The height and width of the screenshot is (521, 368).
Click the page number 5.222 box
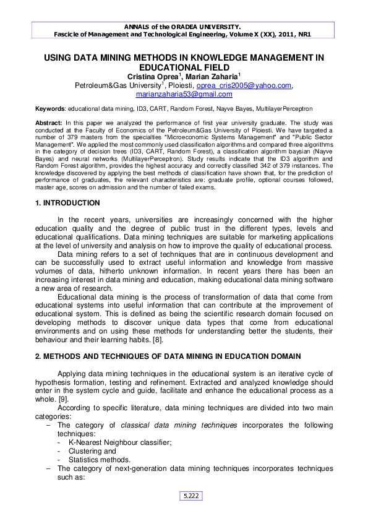click(x=191, y=496)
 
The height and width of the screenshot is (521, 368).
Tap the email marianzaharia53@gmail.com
click(x=184, y=94)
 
